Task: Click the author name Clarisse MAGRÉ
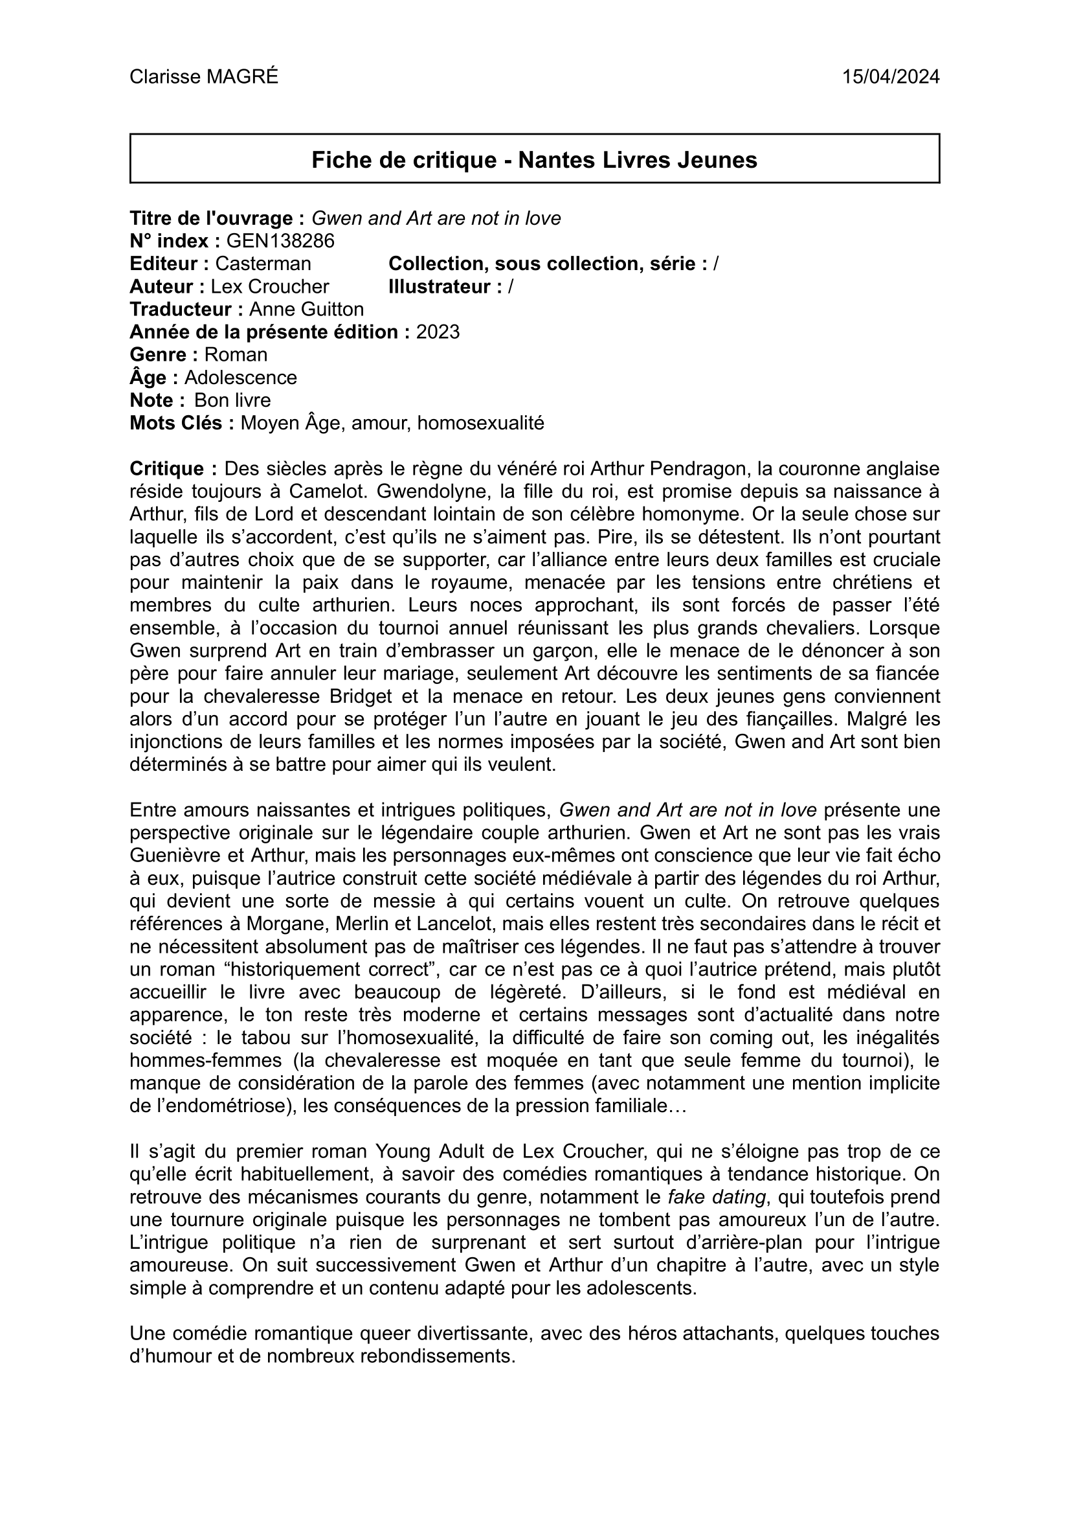pyautogui.click(x=204, y=77)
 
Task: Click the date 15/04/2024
pyautogui.click(x=891, y=77)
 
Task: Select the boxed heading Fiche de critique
pyautogui.click(x=534, y=160)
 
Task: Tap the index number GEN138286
pyautogui.click(x=280, y=241)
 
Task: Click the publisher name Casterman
pyautogui.click(x=263, y=264)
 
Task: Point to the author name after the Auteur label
pyautogui.click(x=269, y=287)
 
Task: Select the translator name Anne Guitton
pyautogui.click(x=306, y=309)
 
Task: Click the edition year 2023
pyautogui.click(x=438, y=332)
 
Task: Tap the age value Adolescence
pyautogui.click(x=240, y=378)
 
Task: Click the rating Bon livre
pyautogui.click(x=232, y=400)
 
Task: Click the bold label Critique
pyautogui.click(x=173, y=469)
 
